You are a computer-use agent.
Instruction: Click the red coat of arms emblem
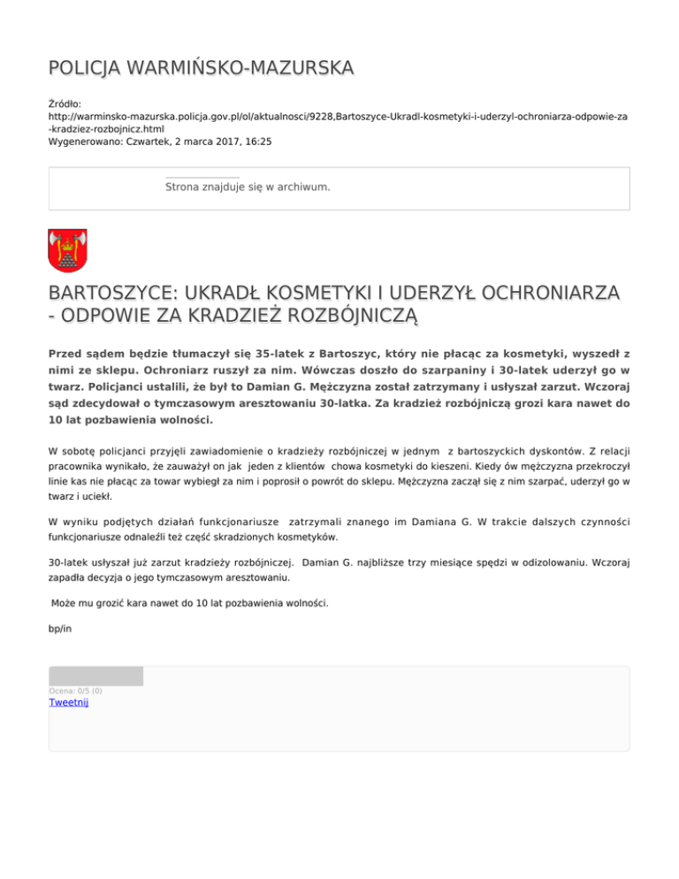[66, 251]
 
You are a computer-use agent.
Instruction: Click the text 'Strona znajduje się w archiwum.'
[248, 187]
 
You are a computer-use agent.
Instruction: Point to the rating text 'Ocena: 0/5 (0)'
[75, 691]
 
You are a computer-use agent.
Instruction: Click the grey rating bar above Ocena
[95, 676]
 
